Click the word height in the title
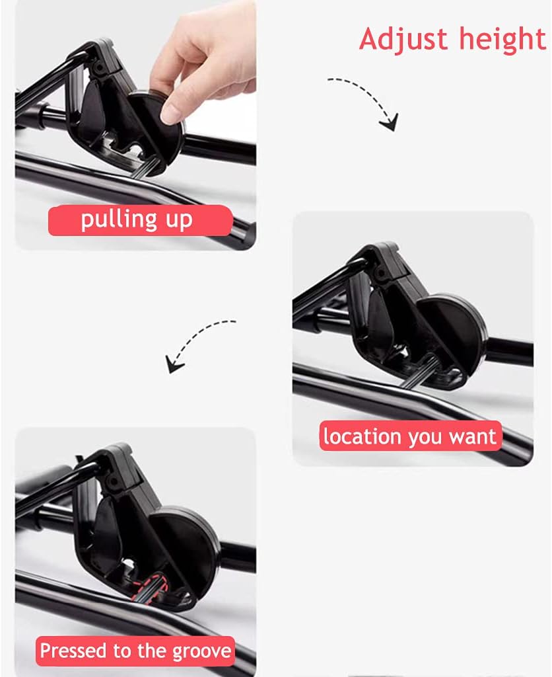tap(502, 39)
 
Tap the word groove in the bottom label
tap(201, 651)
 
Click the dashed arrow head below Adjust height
tap(389, 122)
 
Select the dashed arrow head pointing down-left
tap(174, 364)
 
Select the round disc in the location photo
tap(453, 333)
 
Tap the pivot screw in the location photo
tap(381, 273)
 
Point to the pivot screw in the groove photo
tap(114, 481)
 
